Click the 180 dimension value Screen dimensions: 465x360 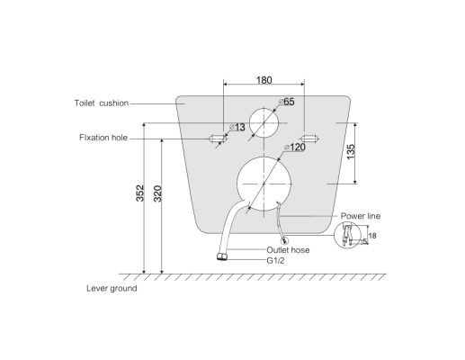pyautogui.click(x=264, y=80)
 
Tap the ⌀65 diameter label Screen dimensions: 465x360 pyautogui.click(x=287, y=102)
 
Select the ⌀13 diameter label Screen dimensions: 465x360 pyautogui.click(x=237, y=127)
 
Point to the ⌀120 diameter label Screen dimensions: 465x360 pyautogui.click(x=295, y=147)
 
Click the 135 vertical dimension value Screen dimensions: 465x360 pyautogui.click(x=351, y=152)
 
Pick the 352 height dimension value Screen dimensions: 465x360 pyautogui.click(x=140, y=193)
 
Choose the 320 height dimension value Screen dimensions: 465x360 pyautogui.click(x=157, y=193)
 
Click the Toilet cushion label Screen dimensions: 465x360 pyautogui.click(x=102, y=103)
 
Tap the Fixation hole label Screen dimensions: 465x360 pyautogui.click(x=103, y=138)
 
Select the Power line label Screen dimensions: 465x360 pyautogui.click(x=361, y=216)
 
